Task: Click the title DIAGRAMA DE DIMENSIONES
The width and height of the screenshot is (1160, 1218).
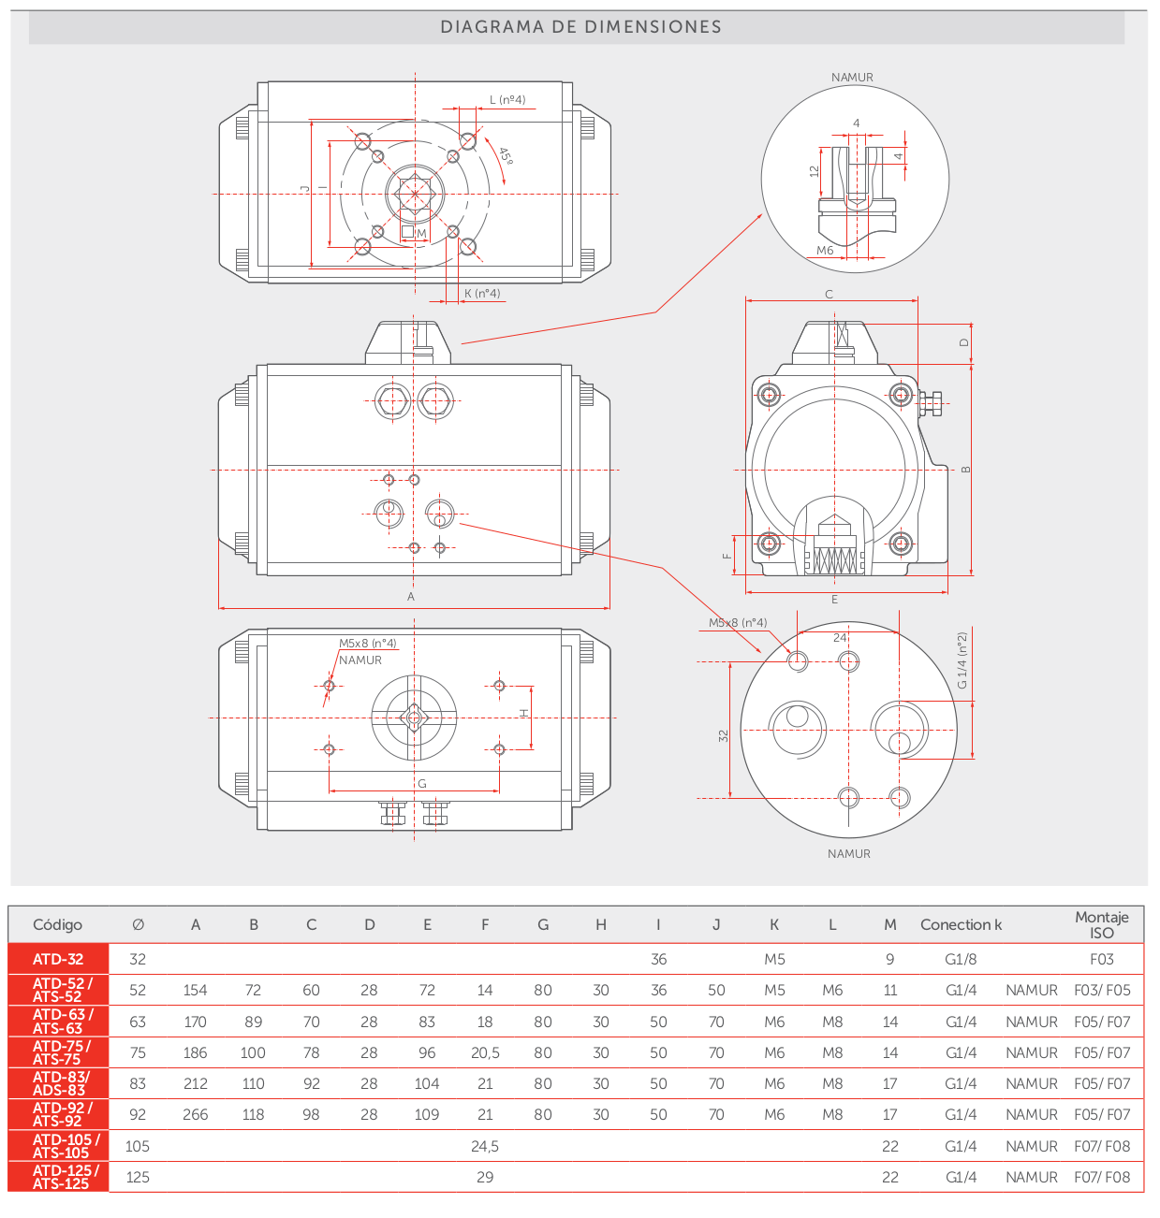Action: click(580, 27)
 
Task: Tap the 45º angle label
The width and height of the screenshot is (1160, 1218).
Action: click(506, 155)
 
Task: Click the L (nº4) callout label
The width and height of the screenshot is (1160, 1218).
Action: click(507, 100)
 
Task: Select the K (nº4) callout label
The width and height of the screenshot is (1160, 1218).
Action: click(482, 293)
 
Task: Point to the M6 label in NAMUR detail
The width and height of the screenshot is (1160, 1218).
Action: click(825, 251)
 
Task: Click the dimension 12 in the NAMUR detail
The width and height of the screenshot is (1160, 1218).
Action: click(814, 171)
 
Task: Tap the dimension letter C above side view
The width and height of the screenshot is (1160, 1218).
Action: click(829, 295)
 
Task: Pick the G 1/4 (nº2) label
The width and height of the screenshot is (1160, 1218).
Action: click(962, 660)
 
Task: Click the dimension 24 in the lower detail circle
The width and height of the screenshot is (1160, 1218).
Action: click(840, 637)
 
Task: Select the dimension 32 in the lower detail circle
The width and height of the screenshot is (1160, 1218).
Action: click(723, 736)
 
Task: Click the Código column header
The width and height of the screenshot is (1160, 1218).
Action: click(58, 925)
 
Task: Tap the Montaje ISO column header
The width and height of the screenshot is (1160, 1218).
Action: click(1101, 924)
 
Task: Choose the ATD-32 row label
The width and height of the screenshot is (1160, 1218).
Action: click(58, 959)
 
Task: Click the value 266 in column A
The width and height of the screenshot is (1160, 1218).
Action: click(196, 1114)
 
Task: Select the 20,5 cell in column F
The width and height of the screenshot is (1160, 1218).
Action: click(485, 1052)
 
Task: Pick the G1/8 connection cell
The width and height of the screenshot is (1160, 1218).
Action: click(961, 959)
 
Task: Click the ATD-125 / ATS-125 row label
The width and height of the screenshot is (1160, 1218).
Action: click(65, 1177)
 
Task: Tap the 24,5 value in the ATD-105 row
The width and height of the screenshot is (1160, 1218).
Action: click(485, 1146)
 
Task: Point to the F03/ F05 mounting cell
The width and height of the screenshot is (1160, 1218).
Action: click(1102, 990)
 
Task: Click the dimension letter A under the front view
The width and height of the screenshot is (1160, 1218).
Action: click(410, 597)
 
